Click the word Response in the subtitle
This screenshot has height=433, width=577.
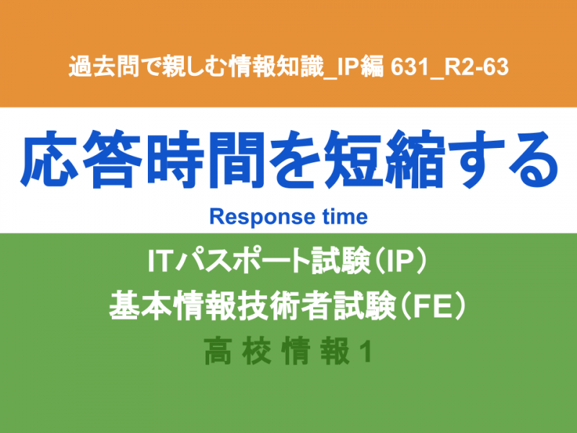click(262, 216)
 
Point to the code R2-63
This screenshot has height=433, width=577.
click(476, 67)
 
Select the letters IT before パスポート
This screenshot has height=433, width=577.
click(160, 261)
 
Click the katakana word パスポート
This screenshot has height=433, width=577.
click(242, 261)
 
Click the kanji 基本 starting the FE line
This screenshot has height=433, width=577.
click(141, 306)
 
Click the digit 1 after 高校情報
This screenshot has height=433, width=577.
click(366, 351)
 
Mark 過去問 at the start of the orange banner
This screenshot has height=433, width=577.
click(105, 67)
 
